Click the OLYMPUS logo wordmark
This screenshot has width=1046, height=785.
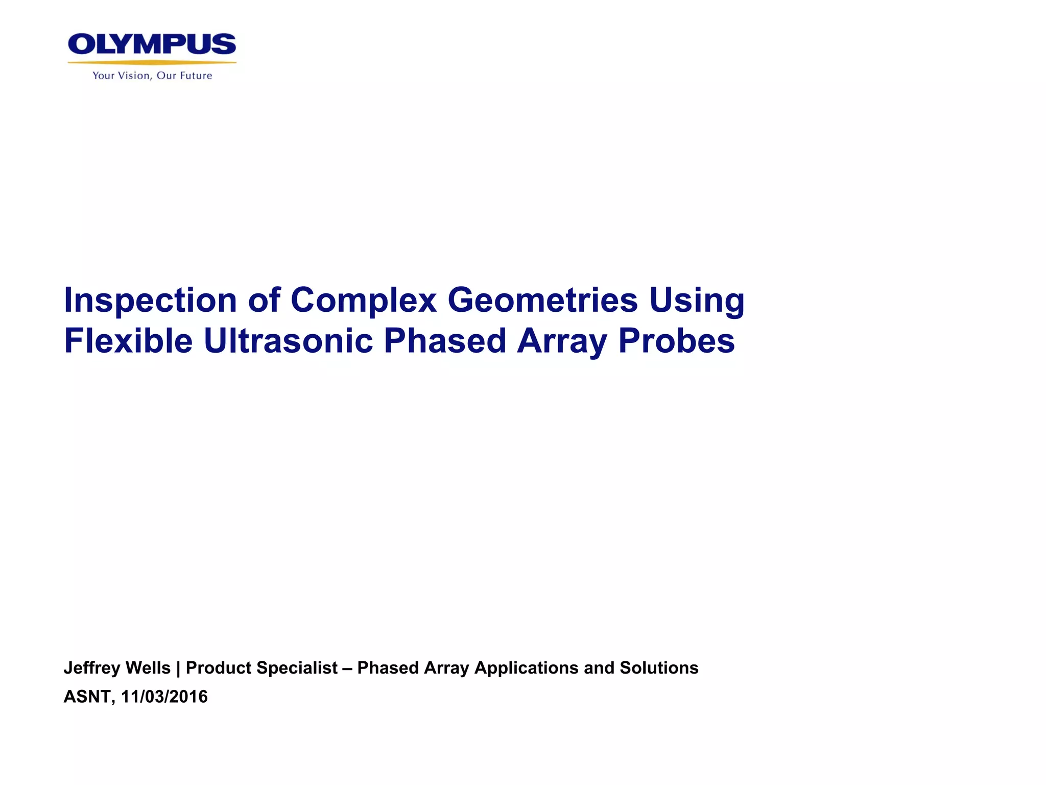(x=152, y=44)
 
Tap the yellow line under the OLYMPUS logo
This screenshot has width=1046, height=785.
(x=152, y=62)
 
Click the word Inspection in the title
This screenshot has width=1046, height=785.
(x=150, y=301)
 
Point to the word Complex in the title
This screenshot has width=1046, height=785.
(x=363, y=301)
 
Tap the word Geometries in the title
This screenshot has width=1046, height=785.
(x=542, y=301)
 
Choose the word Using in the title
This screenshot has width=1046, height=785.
(x=697, y=301)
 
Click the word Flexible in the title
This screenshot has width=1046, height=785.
(x=128, y=341)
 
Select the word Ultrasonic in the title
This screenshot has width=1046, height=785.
(x=288, y=341)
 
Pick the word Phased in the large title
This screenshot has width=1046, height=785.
(x=444, y=341)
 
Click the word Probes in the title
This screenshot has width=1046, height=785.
(x=676, y=341)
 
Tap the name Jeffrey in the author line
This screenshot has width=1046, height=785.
(x=91, y=668)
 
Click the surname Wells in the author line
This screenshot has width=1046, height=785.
(x=148, y=668)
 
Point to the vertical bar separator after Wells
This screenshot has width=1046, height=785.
(x=178, y=668)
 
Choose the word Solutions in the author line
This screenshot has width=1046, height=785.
(x=659, y=668)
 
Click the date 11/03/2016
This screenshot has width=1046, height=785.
(x=164, y=697)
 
